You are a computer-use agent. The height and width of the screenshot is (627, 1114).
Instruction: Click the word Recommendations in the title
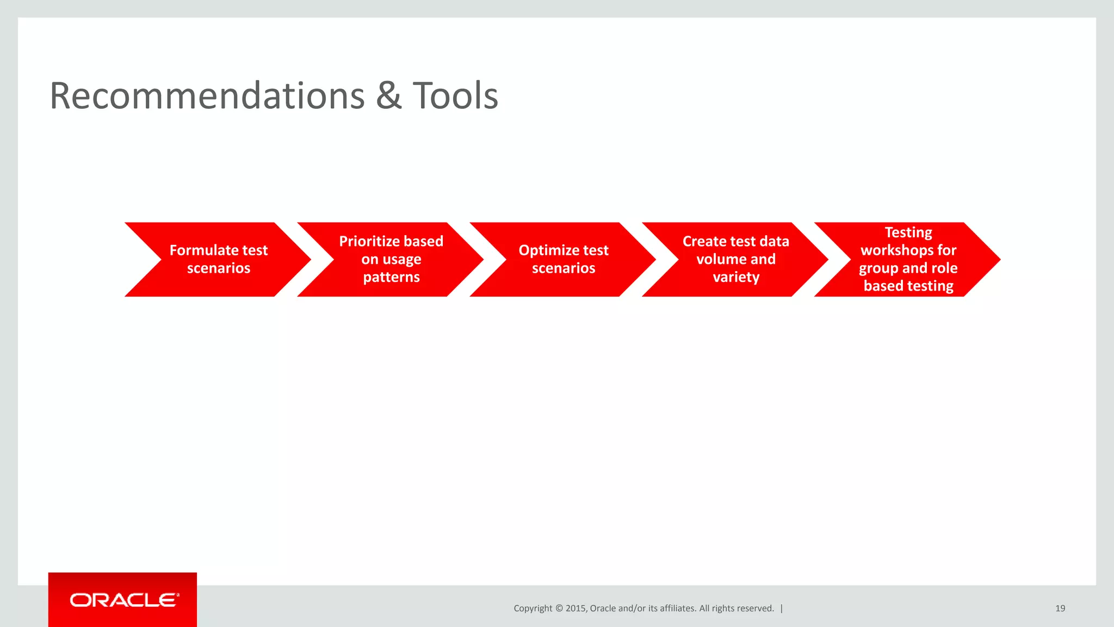pos(207,96)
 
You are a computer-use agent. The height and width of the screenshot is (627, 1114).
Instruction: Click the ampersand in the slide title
pos(388,96)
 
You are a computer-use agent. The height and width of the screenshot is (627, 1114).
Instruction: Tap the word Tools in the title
pos(455,96)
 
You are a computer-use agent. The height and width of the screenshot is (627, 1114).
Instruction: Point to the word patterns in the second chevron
pos(391,277)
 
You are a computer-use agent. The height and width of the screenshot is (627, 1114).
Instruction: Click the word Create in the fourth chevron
pos(704,241)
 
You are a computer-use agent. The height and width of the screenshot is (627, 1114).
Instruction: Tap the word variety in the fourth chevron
pos(736,277)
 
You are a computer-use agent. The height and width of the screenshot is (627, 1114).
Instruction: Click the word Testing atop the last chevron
pos(908,232)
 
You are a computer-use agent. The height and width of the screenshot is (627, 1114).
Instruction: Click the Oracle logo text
pos(123,600)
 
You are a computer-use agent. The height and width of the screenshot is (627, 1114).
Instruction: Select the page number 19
pos(1060,608)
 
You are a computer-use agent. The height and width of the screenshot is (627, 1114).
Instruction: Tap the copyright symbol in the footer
pos(559,608)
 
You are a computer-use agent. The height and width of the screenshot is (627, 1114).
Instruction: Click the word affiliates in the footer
pos(677,608)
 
